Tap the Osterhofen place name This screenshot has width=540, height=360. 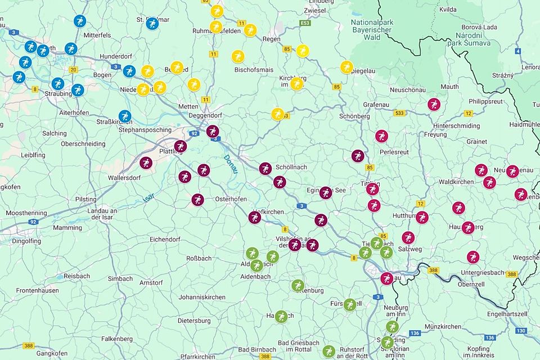(232, 200)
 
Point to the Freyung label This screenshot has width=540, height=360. (435, 134)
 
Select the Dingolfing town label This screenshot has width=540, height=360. (26, 241)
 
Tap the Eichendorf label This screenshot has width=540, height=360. (164, 239)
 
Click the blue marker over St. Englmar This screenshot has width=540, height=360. (152, 24)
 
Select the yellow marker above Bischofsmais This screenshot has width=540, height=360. (238, 56)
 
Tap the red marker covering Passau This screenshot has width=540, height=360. (386, 278)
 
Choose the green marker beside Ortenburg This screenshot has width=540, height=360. (298, 285)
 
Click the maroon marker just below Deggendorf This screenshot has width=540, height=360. (212, 132)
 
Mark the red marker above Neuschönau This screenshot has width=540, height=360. (434, 104)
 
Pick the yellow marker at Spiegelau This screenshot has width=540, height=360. (346, 67)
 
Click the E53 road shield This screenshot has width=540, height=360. (305, 24)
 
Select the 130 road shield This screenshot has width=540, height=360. (521, 331)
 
